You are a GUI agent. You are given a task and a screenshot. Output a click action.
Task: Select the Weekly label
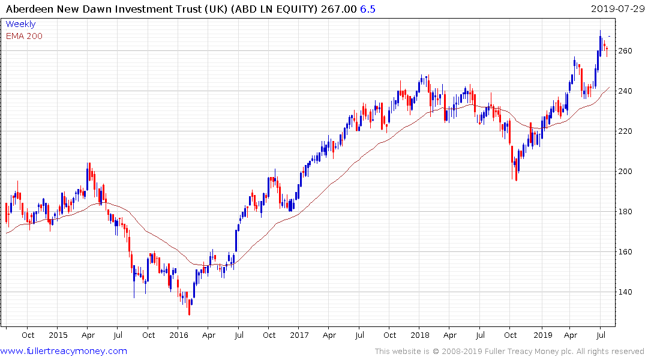coord(20,24)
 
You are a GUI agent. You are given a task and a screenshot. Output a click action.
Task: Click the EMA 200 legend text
coord(24,36)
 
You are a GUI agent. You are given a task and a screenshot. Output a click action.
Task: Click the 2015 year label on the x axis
coord(58,335)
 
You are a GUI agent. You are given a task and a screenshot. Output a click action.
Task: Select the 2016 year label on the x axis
coord(179,335)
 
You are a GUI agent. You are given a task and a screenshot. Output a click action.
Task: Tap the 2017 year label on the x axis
coord(299,335)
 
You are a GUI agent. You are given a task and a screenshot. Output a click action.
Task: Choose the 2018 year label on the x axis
coord(420,335)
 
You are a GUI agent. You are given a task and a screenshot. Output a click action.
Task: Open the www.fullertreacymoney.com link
coord(64,351)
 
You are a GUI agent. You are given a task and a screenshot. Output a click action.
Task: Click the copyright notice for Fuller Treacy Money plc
coord(509,352)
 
